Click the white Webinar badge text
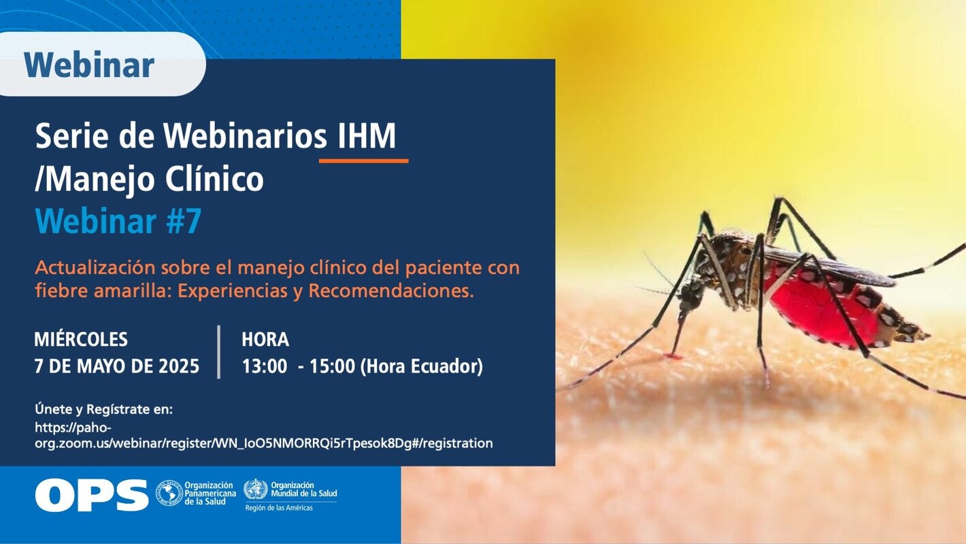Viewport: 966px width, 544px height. click(x=89, y=65)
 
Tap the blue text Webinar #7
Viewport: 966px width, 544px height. click(x=118, y=221)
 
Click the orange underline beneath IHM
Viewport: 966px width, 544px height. click(x=363, y=161)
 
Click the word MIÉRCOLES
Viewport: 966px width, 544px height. click(x=81, y=339)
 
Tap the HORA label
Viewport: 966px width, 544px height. click(x=265, y=339)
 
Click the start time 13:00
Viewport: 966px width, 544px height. click(x=264, y=366)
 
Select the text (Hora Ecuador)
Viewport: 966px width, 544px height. click(x=421, y=366)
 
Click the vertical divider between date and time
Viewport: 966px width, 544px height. click(x=219, y=352)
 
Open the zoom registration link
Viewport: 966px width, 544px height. click(x=264, y=435)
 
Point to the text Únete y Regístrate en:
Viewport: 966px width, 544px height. click(x=103, y=409)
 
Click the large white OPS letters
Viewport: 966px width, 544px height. click(x=92, y=495)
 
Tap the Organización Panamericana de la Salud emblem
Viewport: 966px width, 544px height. click(x=169, y=493)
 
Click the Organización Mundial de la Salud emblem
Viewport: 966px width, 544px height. click(x=256, y=489)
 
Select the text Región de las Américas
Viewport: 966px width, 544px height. click(x=279, y=508)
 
